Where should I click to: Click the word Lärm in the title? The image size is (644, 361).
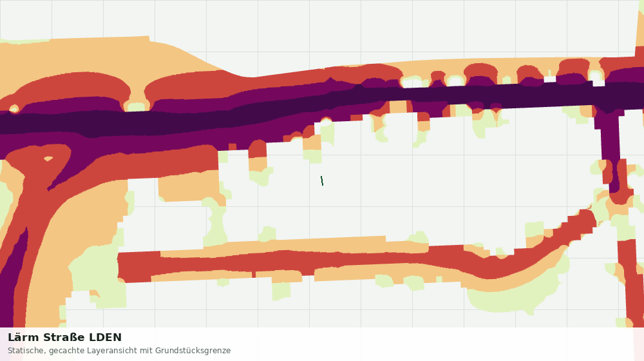(23, 338)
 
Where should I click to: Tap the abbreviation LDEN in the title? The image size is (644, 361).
(106, 338)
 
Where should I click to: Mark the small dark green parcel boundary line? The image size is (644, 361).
(322, 180)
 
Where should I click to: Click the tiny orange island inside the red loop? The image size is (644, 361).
(48, 159)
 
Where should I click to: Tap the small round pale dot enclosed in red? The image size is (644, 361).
(14, 109)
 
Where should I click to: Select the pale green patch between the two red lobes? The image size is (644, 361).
(137, 107)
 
